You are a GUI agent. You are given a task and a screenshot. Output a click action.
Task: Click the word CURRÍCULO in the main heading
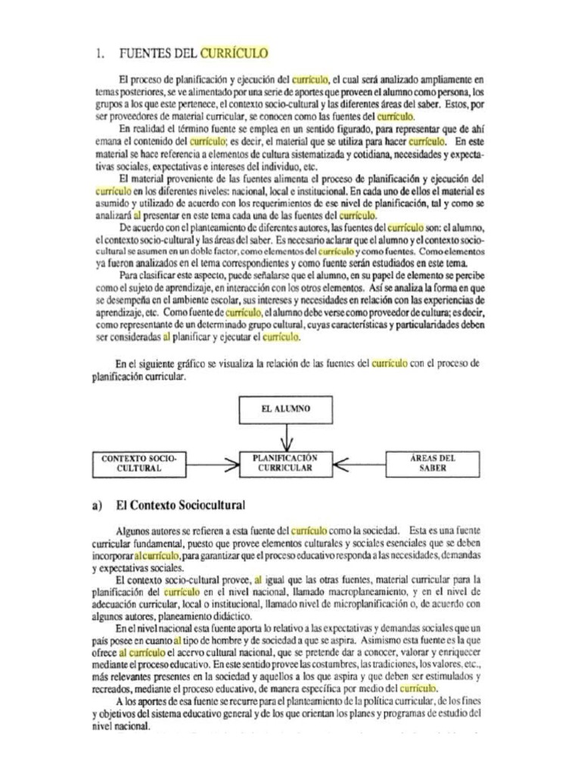234,53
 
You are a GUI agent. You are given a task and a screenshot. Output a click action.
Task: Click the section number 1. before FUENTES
100,53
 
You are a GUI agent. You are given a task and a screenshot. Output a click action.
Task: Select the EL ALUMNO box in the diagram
285,409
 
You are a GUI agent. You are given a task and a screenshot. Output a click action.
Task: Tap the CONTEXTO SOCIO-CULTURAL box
138,463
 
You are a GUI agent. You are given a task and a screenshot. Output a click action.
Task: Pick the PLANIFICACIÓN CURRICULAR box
285,463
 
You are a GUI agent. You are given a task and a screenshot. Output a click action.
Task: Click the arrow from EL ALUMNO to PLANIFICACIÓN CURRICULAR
285,438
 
